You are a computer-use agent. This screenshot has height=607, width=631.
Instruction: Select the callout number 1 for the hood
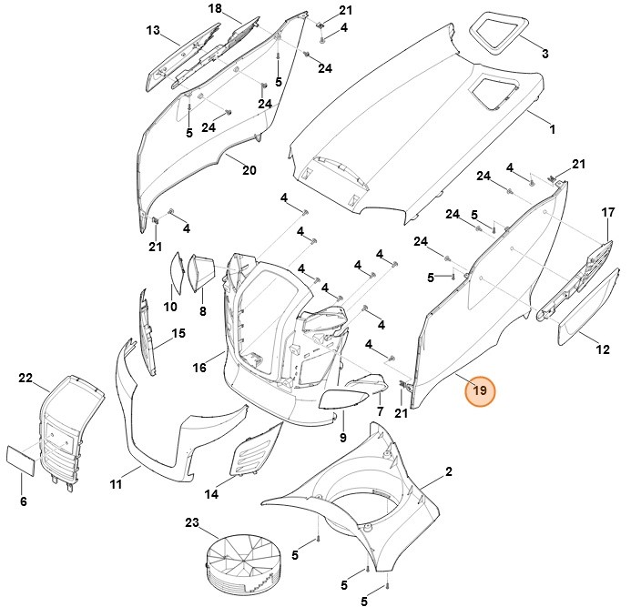(x=552, y=130)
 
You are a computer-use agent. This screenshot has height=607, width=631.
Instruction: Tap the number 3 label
(x=545, y=55)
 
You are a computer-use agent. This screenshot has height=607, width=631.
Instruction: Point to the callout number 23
(x=191, y=522)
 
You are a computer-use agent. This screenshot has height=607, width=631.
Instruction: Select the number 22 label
(x=25, y=378)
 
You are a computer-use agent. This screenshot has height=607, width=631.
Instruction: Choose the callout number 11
(x=116, y=485)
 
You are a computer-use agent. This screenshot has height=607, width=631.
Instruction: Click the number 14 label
(x=211, y=495)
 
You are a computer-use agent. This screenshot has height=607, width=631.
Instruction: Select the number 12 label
(x=603, y=349)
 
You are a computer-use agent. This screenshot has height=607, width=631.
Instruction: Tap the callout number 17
(x=608, y=212)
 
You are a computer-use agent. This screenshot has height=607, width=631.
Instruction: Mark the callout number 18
(x=215, y=8)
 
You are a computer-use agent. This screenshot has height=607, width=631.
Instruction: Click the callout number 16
(x=199, y=368)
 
